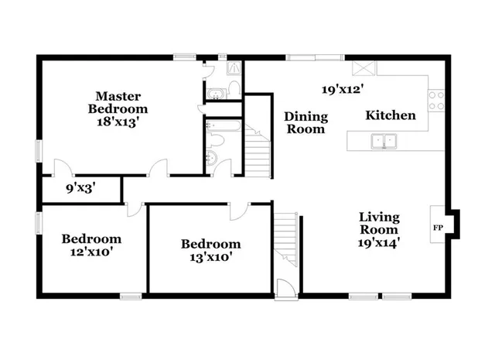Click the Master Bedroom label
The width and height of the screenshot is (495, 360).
click(118, 102)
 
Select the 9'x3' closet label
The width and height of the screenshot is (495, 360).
click(80, 187)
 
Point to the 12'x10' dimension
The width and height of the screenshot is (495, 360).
click(92, 252)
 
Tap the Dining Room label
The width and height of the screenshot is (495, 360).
click(306, 122)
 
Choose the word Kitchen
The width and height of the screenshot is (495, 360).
click(391, 115)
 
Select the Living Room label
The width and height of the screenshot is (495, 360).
click(379, 223)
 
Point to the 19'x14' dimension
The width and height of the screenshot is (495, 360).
click(379, 242)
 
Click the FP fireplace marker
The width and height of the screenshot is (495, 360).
click(437, 228)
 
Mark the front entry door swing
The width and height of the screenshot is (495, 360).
click(285, 289)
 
